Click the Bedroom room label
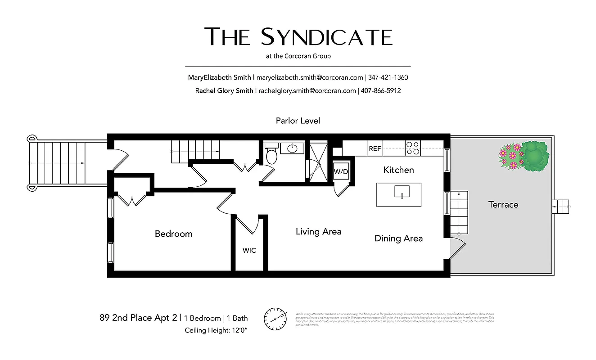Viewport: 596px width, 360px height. coord(173,234)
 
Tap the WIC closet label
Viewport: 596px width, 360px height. coord(249,250)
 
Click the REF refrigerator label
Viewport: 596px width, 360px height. coord(375,149)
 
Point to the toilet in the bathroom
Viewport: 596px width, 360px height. coord(271,155)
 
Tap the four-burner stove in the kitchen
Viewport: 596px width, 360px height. coord(413,148)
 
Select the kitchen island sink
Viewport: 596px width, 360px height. coord(399,193)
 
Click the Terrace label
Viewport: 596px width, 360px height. coord(503,205)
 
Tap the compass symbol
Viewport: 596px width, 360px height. coord(275,319)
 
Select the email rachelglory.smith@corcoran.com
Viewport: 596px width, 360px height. coord(307,90)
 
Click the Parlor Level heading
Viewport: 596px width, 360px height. coord(298,121)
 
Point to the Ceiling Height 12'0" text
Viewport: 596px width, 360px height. coord(216,330)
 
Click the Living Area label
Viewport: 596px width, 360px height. coord(318,232)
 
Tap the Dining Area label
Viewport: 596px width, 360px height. coord(398,238)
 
